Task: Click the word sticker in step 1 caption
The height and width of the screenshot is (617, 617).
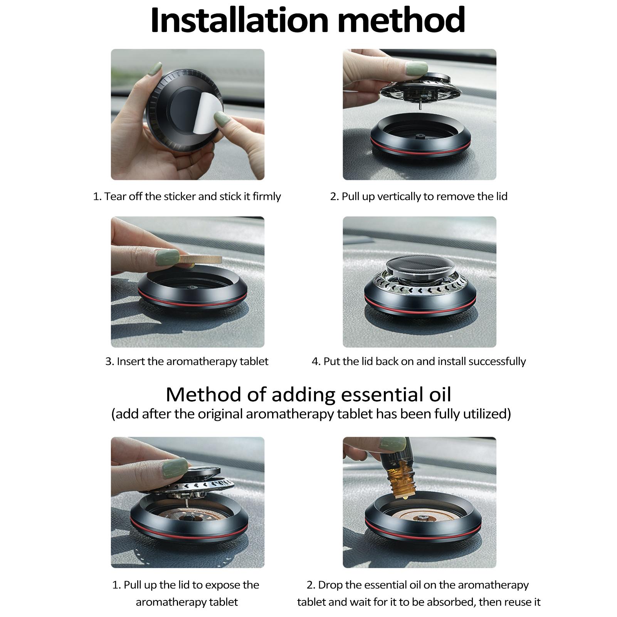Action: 180,197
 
